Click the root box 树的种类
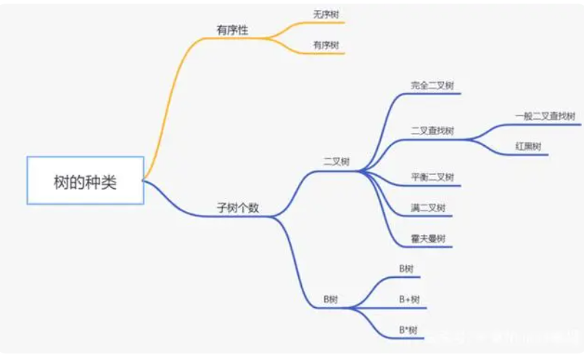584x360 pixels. point(85,180)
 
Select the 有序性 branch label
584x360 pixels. point(231,29)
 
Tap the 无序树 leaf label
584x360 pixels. point(326,15)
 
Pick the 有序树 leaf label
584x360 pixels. point(326,45)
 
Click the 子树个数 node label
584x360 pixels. point(238,208)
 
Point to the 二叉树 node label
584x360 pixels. point(336,161)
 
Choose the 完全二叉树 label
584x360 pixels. point(432,85)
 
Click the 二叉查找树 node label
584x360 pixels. point(432,131)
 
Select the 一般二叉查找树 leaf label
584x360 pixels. point(545,115)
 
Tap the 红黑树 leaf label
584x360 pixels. point(528,146)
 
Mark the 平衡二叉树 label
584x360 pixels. point(432,177)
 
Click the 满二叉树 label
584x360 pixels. point(428,208)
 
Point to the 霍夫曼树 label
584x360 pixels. point(428,238)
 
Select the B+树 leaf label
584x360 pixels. point(409,299)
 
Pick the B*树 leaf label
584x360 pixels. point(408,330)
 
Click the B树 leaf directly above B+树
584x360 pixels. point(406,269)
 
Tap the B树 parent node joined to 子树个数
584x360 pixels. point(331,299)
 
